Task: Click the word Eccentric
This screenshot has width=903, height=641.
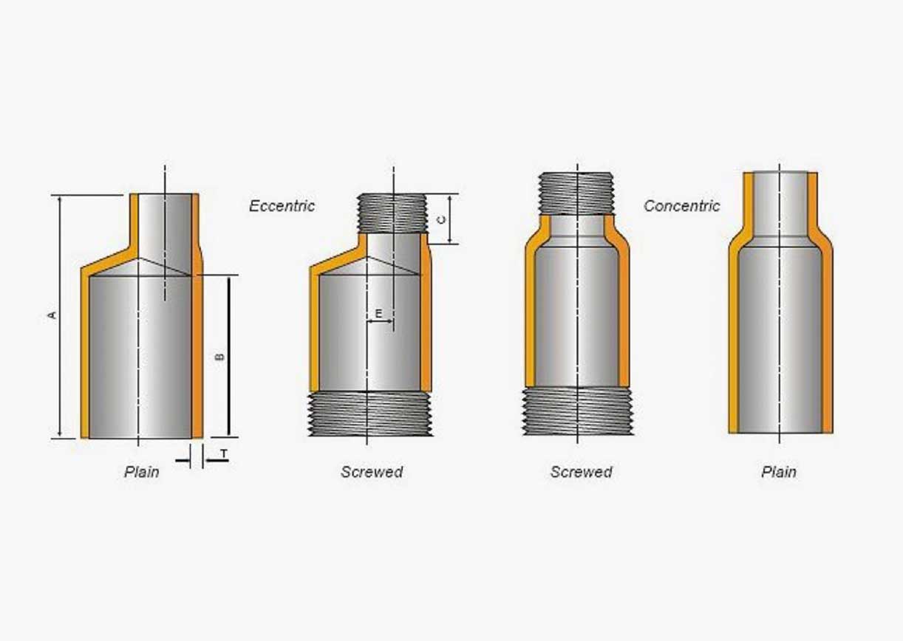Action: pos(282,206)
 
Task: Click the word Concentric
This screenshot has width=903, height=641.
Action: pos(682,206)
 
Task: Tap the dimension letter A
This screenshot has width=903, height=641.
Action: pos(52,315)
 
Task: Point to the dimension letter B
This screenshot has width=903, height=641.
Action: pos(220,357)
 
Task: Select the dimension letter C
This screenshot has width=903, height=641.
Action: pos(441,219)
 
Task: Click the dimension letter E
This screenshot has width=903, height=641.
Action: pos(378,313)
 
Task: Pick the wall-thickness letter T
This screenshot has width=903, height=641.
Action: pos(224,454)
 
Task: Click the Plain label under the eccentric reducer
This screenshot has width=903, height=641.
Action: pos(141,472)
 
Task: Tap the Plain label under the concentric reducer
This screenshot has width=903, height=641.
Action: pos(779,472)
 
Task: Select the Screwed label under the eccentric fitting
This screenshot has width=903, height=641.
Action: pos(372,472)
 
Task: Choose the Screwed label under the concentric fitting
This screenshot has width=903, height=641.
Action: pos(582,472)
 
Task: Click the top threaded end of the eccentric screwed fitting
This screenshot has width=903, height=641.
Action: pos(392,213)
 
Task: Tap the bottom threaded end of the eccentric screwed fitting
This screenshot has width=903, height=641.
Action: pos(370,414)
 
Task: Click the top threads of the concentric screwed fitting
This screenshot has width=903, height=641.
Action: pos(577,193)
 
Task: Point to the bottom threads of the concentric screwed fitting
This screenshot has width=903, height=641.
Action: pos(578,411)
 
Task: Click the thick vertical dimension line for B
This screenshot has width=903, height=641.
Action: pos(228,356)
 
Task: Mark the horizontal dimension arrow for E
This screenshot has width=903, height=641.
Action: pos(380,321)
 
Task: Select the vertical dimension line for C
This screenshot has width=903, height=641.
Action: pos(449,219)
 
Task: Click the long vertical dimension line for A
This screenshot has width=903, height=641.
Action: pos(60,316)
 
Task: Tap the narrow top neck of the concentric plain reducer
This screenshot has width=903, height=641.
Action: pos(780,204)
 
